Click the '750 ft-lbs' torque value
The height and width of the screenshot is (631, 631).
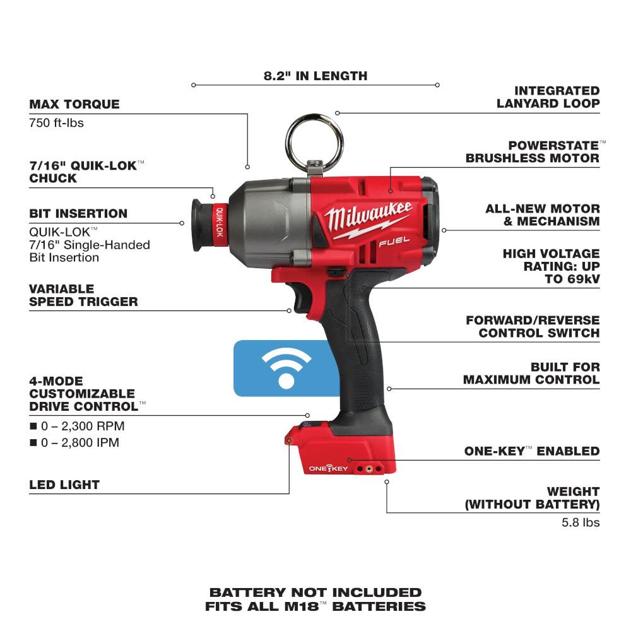[x=56, y=122]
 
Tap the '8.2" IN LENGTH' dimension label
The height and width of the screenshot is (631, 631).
[x=315, y=76]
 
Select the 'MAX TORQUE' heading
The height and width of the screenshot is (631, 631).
[x=74, y=104]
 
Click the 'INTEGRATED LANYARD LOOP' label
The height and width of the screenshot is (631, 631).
[x=548, y=97]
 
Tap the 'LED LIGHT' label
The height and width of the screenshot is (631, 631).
[x=64, y=485]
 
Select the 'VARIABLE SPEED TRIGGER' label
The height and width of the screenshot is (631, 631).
[x=83, y=295]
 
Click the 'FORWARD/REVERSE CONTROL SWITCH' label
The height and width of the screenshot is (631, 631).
[x=533, y=326]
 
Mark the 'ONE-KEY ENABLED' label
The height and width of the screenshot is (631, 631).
[x=531, y=451]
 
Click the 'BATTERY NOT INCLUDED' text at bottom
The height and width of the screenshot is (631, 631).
[x=315, y=592]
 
